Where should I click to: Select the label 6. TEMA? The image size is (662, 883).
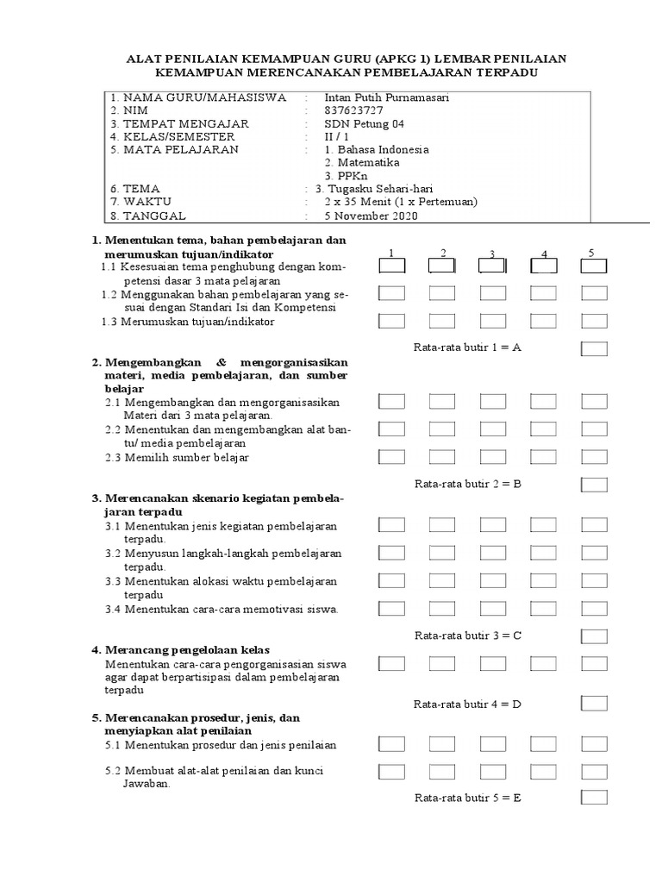click(134, 189)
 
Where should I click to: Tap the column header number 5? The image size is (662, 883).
click(592, 253)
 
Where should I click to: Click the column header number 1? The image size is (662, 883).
click(391, 253)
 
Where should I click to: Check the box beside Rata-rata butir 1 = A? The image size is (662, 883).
click(594, 348)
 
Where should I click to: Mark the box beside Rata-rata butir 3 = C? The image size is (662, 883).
click(594, 636)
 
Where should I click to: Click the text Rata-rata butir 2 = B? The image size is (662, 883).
click(468, 484)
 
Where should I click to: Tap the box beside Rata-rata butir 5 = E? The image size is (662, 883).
click(594, 798)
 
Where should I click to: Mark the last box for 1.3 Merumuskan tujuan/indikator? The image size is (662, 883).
click(594, 322)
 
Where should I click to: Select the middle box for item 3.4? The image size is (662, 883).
click(493, 609)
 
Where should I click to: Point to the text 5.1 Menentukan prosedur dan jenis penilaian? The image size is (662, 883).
click(221, 744)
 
